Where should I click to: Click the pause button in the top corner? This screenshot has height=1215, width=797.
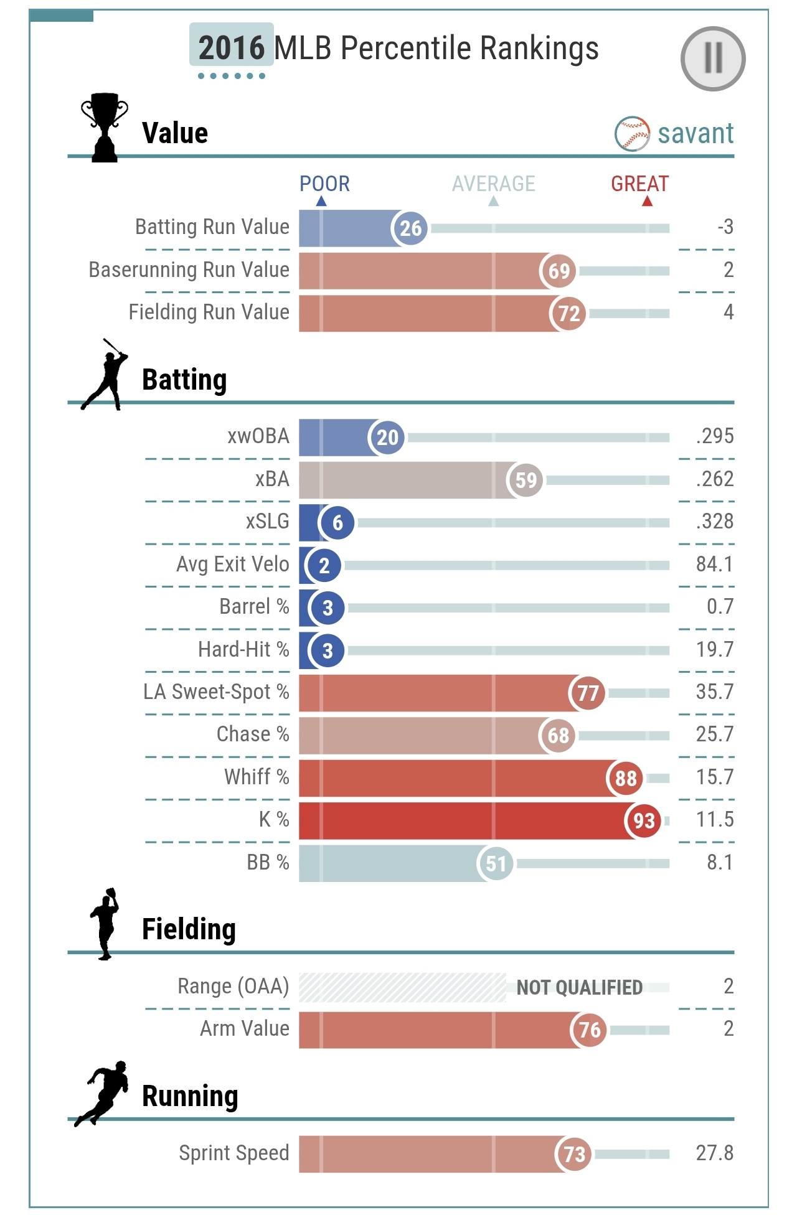[713, 59]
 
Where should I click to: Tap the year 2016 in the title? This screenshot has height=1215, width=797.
[232, 47]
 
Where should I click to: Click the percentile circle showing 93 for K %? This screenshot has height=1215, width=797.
[644, 820]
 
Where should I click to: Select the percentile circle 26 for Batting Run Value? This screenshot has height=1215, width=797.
[410, 228]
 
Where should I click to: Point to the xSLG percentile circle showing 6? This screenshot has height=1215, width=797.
[337, 523]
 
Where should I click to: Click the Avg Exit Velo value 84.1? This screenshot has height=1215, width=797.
[715, 565]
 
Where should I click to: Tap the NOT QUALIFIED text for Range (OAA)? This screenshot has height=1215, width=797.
[579, 987]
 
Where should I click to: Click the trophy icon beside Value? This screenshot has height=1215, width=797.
[105, 128]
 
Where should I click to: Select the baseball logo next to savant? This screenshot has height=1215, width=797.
[632, 133]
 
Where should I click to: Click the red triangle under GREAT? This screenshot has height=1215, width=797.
[647, 201]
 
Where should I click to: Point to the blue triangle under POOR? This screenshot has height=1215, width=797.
[321, 201]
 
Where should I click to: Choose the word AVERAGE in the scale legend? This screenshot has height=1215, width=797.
[493, 184]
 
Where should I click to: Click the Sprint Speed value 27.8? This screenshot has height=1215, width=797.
[715, 1153]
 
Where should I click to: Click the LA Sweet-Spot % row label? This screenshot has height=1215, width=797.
[216, 692]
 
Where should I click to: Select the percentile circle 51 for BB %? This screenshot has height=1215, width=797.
[496, 863]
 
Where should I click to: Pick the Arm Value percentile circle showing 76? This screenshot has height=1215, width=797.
[589, 1030]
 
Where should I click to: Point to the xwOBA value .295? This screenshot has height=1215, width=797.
[715, 436]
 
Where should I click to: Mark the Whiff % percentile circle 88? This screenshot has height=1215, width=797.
[625, 778]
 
